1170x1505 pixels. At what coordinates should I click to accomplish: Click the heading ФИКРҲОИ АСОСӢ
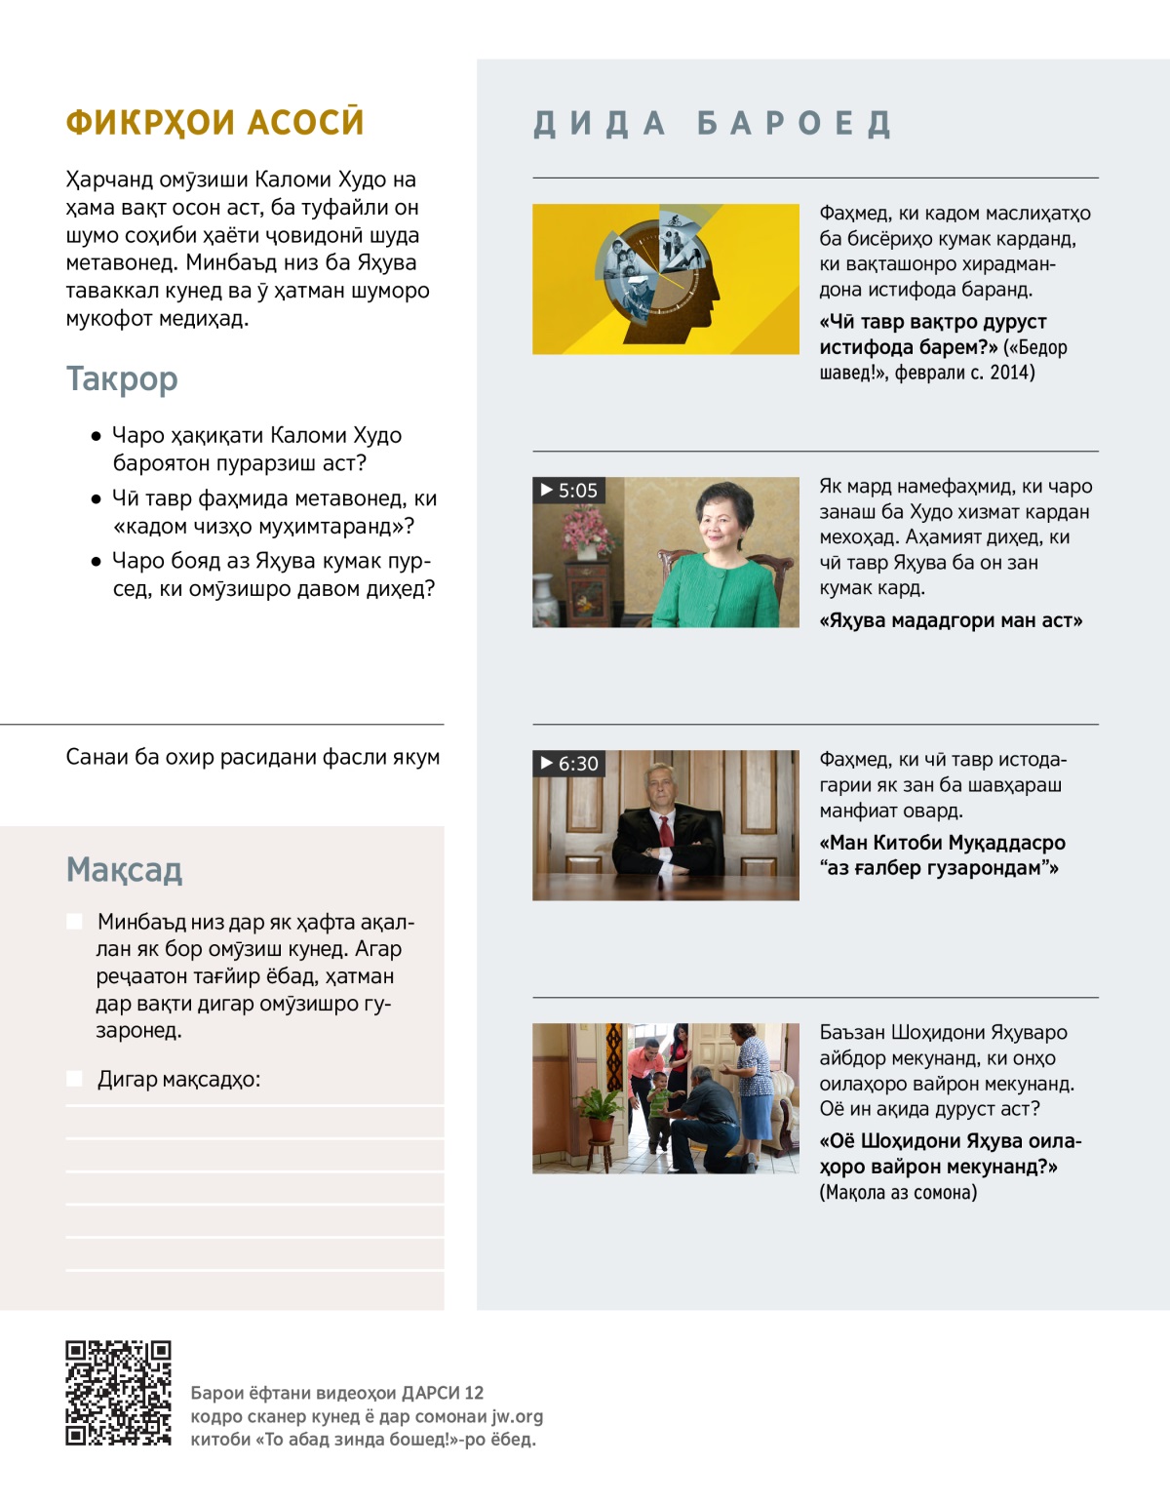click(x=214, y=123)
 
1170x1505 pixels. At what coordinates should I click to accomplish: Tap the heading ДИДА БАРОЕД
click(x=713, y=124)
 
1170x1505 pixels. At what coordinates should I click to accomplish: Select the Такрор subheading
click(x=122, y=378)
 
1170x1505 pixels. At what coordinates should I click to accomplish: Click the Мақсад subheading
click(x=124, y=869)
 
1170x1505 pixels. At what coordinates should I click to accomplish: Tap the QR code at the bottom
click(x=118, y=1393)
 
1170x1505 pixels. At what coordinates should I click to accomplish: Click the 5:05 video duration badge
click(x=569, y=491)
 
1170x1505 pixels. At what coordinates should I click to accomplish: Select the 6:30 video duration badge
click(x=569, y=764)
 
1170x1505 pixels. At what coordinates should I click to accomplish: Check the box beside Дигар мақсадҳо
click(x=74, y=1079)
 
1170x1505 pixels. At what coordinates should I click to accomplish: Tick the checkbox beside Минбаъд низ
click(x=74, y=922)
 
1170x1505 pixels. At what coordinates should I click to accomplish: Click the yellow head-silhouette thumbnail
click(x=665, y=279)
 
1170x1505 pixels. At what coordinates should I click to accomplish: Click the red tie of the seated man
click(x=666, y=832)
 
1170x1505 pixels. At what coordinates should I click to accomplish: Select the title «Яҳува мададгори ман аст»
click(x=951, y=620)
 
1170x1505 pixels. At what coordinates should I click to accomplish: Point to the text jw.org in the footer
click(x=517, y=1416)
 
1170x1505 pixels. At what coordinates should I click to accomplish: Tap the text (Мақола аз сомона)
click(x=898, y=1192)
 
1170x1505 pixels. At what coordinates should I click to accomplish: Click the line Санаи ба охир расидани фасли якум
click(x=253, y=757)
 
